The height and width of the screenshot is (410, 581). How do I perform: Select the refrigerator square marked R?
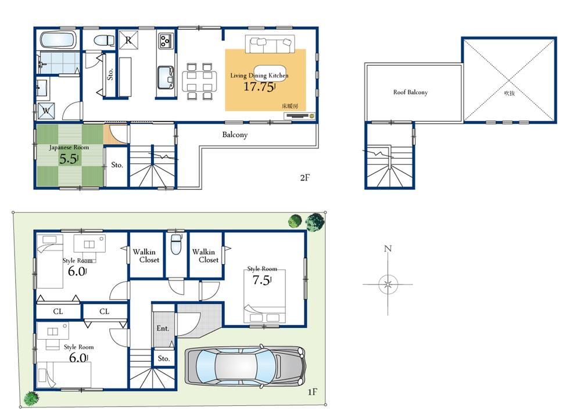point(128,40)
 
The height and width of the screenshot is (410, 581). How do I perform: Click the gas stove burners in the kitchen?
point(166,40)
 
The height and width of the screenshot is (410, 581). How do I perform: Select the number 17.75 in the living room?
point(258,87)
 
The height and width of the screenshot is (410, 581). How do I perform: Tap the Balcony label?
point(235,135)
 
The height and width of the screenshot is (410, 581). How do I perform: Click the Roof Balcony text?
point(410,92)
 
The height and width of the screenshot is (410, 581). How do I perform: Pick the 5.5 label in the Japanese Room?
point(68,159)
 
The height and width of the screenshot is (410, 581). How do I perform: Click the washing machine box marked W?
point(45,110)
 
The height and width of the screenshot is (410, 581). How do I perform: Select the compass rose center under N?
point(388,285)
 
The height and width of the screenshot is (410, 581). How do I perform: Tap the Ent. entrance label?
point(163,328)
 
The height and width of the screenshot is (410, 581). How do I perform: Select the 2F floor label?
point(305,178)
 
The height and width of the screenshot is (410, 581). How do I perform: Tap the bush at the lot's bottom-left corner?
point(31,398)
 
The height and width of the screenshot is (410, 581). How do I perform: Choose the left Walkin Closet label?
point(145,256)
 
